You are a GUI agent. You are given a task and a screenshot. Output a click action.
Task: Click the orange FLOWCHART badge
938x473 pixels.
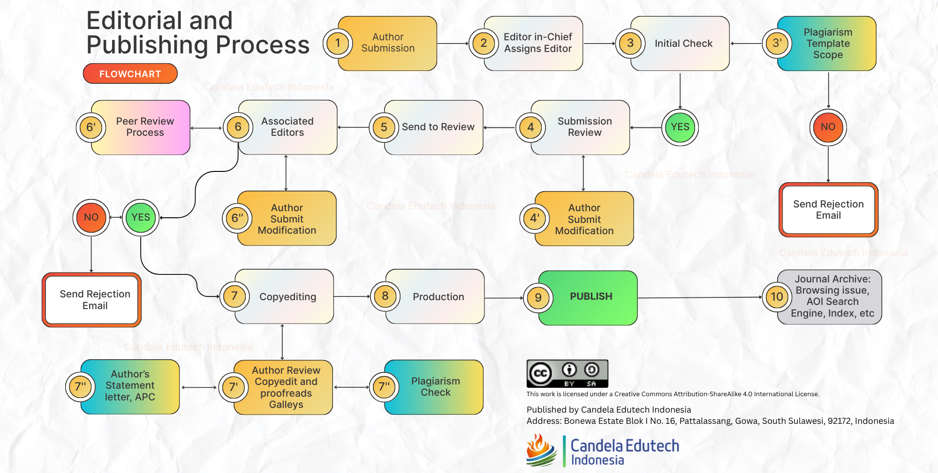[130, 74]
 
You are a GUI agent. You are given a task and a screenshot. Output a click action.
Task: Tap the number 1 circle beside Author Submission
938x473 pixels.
[338, 43]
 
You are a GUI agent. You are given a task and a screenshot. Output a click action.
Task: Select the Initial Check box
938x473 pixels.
[683, 44]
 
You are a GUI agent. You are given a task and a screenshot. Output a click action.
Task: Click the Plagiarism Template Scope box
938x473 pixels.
[828, 44]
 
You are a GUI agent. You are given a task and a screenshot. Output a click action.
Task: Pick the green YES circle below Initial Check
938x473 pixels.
[680, 127]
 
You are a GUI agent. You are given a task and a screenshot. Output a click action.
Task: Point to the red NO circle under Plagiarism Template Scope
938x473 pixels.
[828, 127]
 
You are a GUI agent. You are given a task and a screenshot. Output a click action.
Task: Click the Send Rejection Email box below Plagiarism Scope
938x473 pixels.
[828, 210]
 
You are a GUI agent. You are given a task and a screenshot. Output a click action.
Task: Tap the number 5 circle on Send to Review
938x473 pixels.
[384, 127]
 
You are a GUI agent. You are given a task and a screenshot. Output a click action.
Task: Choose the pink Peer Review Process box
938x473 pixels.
[145, 127]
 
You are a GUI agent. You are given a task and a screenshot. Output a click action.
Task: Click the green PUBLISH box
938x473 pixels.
[590, 297]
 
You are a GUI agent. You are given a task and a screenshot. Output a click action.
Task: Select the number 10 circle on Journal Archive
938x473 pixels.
[777, 297]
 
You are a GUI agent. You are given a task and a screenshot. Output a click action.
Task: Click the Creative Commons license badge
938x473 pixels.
[567, 373]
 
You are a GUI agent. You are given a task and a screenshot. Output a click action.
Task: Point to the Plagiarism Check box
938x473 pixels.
[435, 387]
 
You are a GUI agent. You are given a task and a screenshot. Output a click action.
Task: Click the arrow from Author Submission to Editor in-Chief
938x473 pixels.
[453, 44]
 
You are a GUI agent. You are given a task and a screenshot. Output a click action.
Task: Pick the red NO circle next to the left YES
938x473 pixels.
[91, 217]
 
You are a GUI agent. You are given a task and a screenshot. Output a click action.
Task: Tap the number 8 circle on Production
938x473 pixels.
[385, 296]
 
